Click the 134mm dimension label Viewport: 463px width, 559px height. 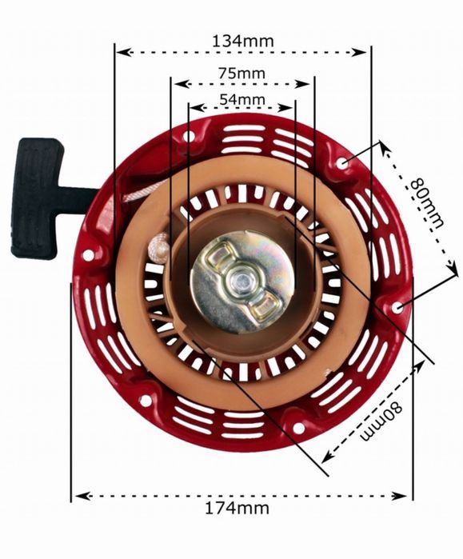(x=243, y=41)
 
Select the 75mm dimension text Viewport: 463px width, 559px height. (x=242, y=74)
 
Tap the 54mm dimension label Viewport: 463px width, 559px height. (x=242, y=99)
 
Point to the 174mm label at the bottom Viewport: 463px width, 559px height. (x=237, y=508)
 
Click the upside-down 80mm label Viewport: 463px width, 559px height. (x=381, y=421)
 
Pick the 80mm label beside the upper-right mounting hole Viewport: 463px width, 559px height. (x=427, y=204)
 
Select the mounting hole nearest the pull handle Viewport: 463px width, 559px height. (x=88, y=255)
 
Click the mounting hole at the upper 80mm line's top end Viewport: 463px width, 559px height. (x=343, y=164)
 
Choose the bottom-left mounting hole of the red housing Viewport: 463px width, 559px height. (x=145, y=401)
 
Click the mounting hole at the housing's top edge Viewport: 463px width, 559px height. (x=188, y=136)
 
